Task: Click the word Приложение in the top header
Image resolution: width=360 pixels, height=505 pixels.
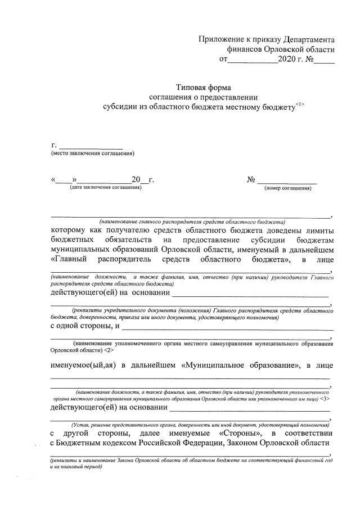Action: (220, 39)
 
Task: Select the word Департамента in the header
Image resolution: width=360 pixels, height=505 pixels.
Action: (308, 39)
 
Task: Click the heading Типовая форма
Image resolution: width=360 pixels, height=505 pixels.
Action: (203, 87)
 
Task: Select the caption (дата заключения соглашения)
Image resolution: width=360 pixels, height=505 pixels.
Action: (105, 187)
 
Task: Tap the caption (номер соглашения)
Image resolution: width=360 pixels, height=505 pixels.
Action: (287, 188)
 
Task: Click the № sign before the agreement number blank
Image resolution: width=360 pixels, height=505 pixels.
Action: (251, 180)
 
